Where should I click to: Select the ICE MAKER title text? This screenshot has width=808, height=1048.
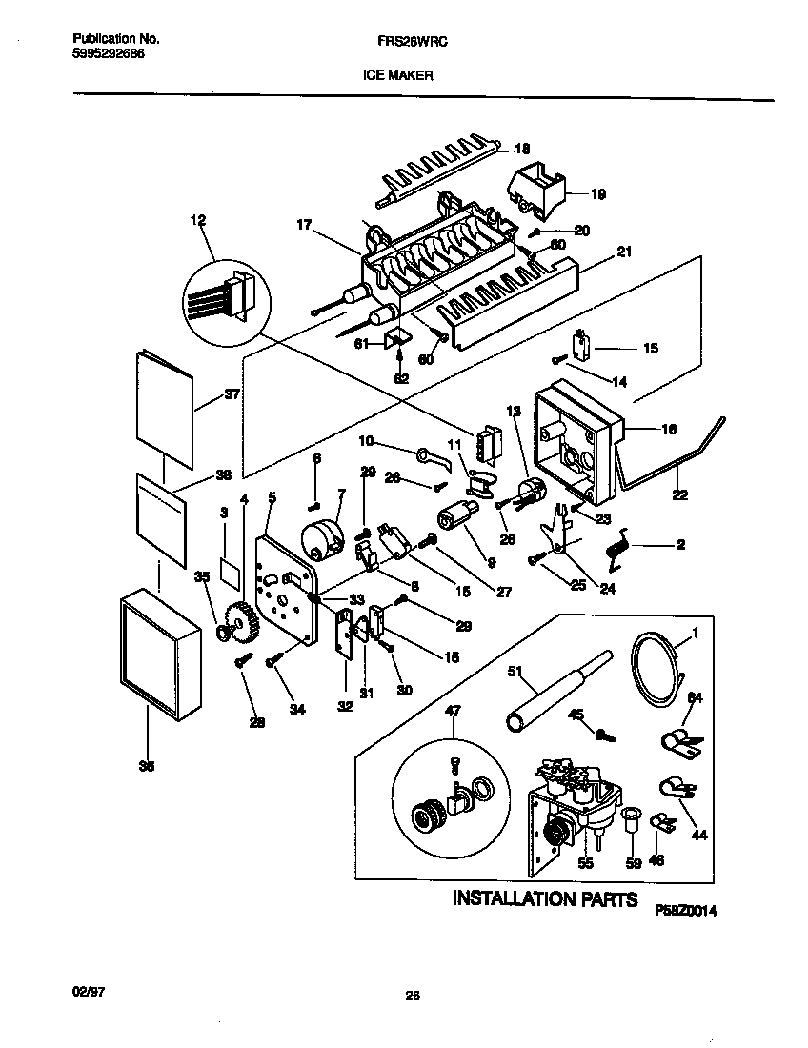(x=398, y=76)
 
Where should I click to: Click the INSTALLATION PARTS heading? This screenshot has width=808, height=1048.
(x=543, y=898)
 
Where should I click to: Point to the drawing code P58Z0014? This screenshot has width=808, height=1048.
(x=684, y=910)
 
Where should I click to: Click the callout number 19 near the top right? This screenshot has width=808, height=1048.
(x=597, y=194)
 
